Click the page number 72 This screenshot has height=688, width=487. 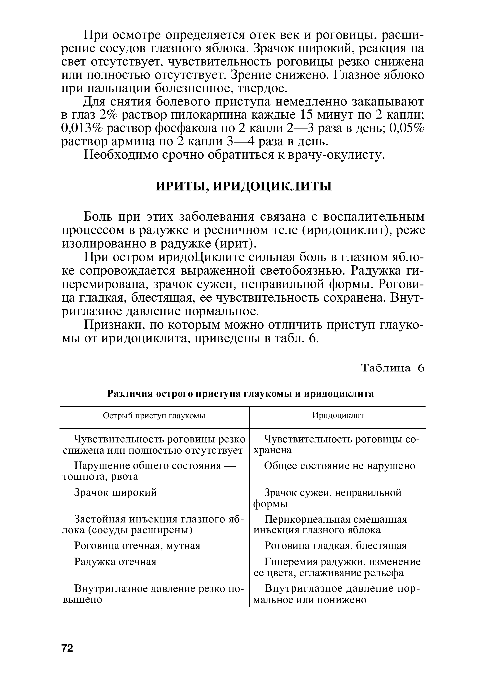[67, 648]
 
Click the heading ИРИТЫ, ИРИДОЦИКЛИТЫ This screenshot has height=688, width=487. [244, 186]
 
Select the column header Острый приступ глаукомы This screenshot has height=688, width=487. [154, 416]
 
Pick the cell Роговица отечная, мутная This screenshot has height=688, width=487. [137, 545]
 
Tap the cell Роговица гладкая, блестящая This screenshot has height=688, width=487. [335, 545]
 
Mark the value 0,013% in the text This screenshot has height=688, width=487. [82, 128]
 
